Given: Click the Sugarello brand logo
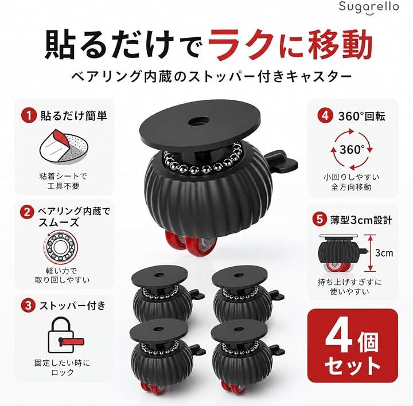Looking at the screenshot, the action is pyautogui.click(x=368, y=9).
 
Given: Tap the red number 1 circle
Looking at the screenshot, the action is pyautogui.click(x=28, y=116).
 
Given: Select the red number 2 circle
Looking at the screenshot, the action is pyautogui.click(x=27, y=212).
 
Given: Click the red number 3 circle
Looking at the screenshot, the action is pyautogui.click(x=28, y=306).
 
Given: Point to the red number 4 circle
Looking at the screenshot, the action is pyautogui.click(x=325, y=116).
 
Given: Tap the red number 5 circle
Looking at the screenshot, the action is pyautogui.click(x=320, y=219).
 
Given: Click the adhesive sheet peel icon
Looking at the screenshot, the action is pyautogui.click(x=64, y=147).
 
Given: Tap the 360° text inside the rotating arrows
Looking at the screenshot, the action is pyautogui.click(x=352, y=150).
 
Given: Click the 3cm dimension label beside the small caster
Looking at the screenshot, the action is pyautogui.click(x=384, y=253).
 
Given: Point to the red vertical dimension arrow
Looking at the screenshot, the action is pyautogui.click(x=371, y=253).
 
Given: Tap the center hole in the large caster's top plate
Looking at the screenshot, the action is pyautogui.click(x=198, y=122).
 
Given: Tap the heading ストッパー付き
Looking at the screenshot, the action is pyautogui.click(x=72, y=306).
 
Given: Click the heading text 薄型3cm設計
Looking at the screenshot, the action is pyautogui.click(x=361, y=220).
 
